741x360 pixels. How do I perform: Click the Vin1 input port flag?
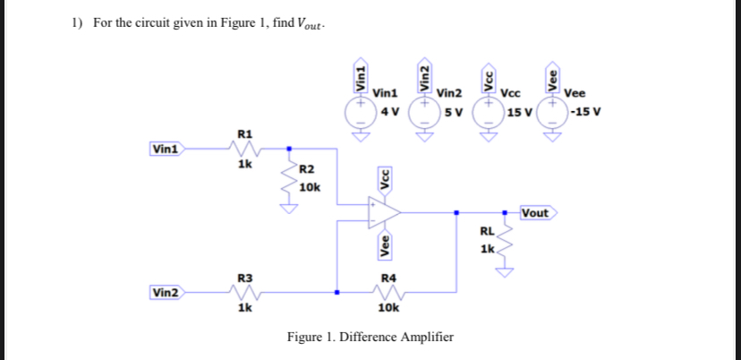click(166, 149)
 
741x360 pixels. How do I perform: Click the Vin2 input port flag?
click(166, 293)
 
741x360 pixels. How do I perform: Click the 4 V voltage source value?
click(388, 112)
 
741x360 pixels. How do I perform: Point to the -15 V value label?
click(586, 112)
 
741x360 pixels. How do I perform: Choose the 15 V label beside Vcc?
click(518, 112)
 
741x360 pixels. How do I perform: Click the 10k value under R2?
click(309, 187)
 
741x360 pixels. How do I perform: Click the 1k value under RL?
click(487, 248)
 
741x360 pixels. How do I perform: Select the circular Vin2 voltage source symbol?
click(423, 112)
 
